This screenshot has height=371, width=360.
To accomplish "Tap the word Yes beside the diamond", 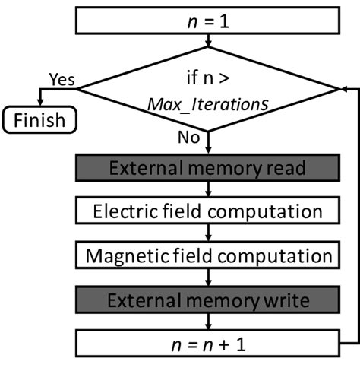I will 60,79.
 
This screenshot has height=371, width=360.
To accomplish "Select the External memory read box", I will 207,168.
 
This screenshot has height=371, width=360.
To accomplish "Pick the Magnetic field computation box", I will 207,255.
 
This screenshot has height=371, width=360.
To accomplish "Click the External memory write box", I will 207,300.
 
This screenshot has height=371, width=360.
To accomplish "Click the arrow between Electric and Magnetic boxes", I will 207,233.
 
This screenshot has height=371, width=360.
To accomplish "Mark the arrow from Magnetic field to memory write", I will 207,277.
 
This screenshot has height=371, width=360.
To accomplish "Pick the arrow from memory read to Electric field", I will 207,189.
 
